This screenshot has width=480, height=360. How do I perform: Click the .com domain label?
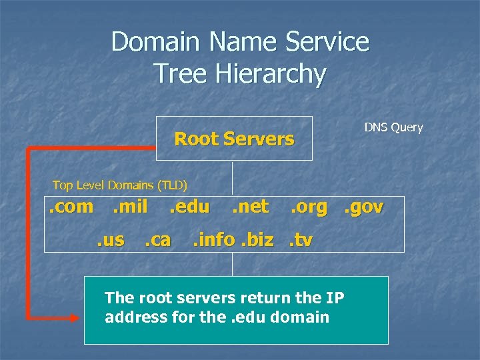coord(71,207)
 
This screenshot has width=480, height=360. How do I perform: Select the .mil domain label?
coord(130,207)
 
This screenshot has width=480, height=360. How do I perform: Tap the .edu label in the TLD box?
coord(189,207)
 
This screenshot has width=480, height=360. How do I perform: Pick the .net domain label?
coord(250,207)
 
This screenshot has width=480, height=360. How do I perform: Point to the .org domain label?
coord(309,207)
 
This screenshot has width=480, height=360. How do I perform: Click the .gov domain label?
coord(363,207)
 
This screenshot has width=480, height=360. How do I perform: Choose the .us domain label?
coord(109,239)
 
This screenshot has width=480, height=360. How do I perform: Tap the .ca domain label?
coord(158,239)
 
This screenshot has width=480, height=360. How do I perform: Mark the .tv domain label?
coord(300,239)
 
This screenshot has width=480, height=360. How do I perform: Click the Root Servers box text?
coord(233,139)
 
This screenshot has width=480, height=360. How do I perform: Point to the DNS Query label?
coord(393,127)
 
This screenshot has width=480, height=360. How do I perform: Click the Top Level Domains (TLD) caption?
coord(120,185)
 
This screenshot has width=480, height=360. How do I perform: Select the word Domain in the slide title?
coord(156,41)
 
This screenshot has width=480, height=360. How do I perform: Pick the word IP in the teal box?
coord(335,297)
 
